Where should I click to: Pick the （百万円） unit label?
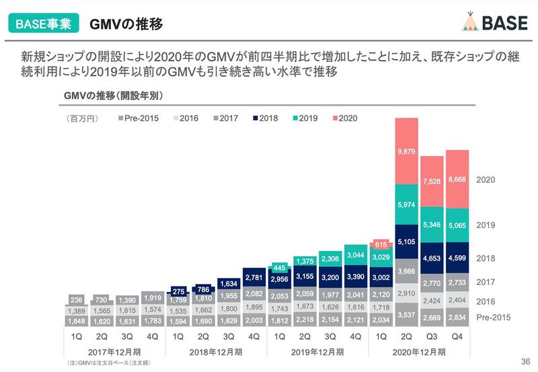coord(82,118)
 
